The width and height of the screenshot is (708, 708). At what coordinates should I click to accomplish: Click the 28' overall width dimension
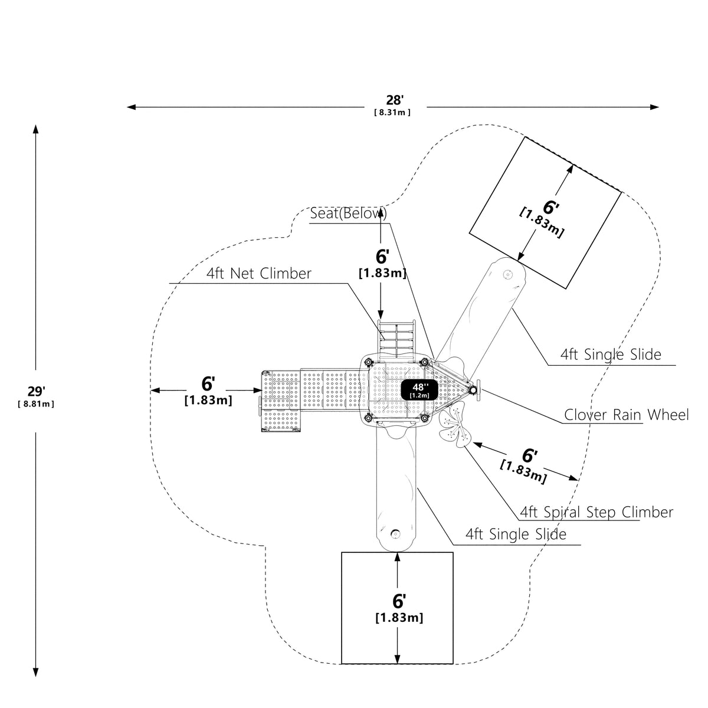point(394,100)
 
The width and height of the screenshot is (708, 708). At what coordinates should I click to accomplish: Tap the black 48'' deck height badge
point(419,390)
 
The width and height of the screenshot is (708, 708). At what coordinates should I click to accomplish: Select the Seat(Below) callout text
point(348,214)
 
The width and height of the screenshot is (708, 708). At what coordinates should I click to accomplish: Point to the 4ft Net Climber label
point(258,274)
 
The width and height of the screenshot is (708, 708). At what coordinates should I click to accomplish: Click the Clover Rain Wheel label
point(626,415)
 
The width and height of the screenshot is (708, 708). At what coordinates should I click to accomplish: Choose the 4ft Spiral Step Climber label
point(596,512)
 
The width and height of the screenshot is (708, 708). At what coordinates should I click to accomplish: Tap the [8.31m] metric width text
point(392,113)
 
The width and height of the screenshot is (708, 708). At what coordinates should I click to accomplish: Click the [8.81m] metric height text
point(36,404)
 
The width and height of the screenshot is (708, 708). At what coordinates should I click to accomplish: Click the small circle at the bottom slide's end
point(395,534)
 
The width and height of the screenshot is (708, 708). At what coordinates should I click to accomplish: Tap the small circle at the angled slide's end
point(507,274)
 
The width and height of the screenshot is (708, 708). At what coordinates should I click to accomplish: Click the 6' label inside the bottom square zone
point(399,601)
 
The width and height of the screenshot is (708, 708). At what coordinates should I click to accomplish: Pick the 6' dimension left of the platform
point(208,384)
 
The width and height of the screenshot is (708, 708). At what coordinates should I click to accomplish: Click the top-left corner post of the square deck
point(368,363)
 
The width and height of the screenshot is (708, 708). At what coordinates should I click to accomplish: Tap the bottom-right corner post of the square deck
point(424,418)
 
